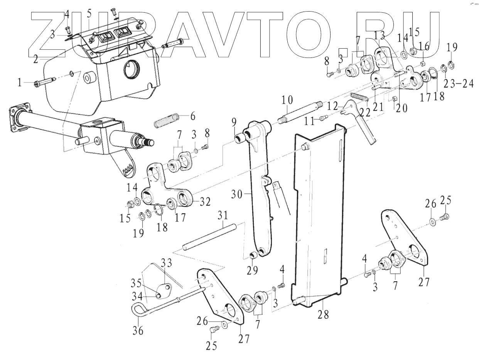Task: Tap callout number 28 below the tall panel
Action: tap(323, 314)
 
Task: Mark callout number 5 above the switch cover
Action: tap(89, 14)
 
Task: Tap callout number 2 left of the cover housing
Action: tap(35, 59)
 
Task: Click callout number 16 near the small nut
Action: tap(423, 47)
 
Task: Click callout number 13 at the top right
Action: tap(379, 35)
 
